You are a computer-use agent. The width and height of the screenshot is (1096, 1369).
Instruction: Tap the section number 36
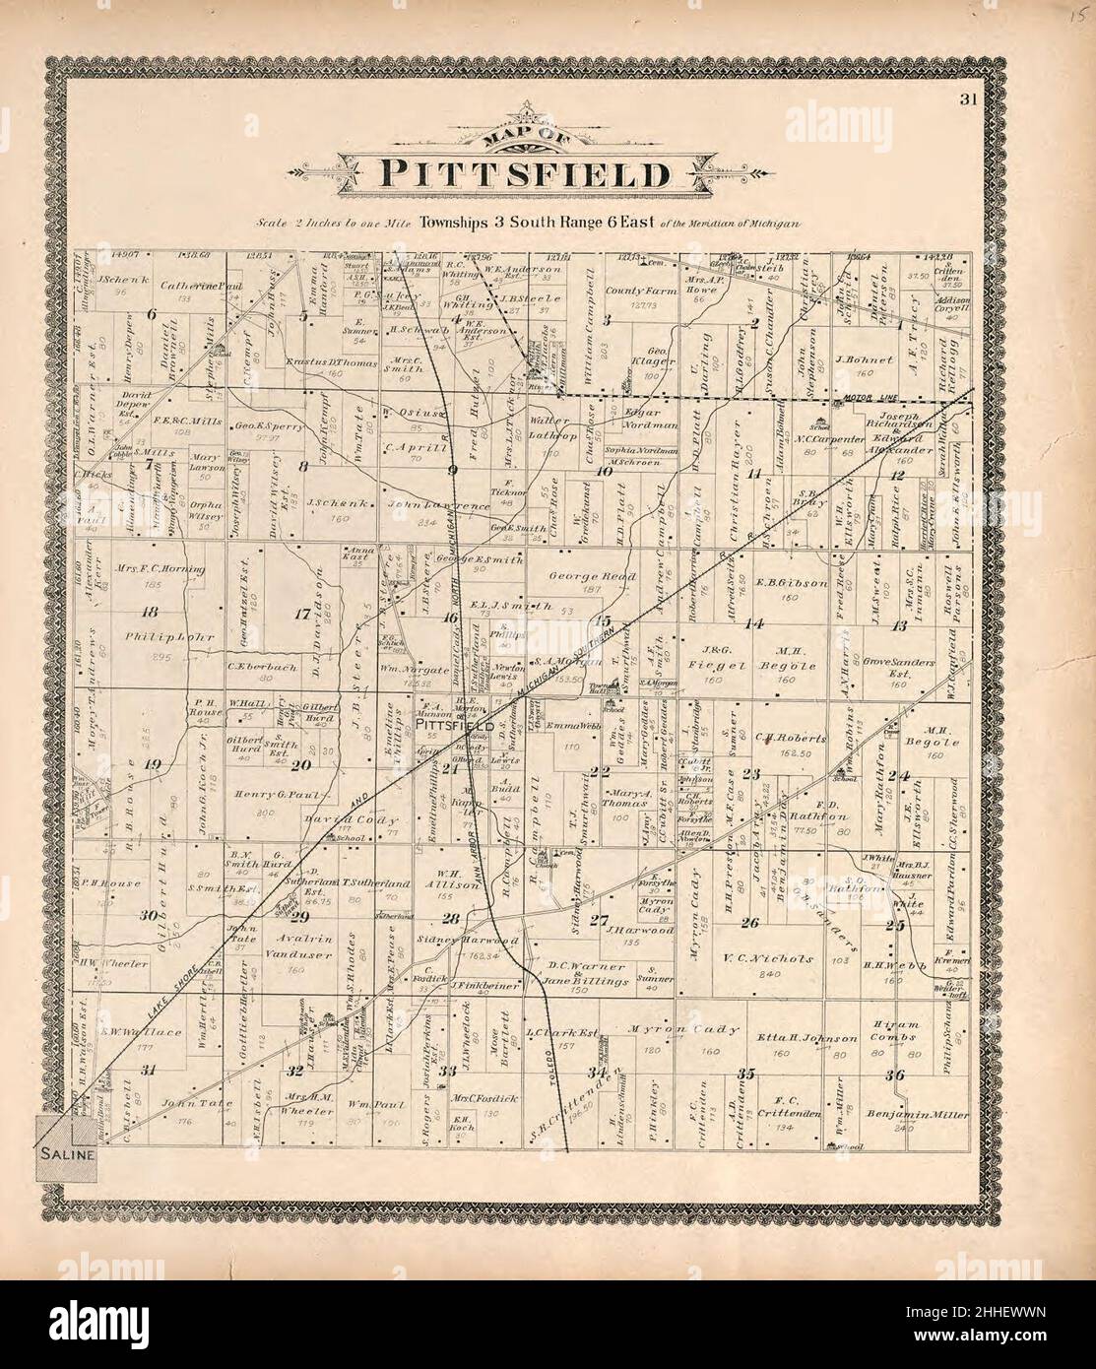pyautogui.click(x=894, y=1075)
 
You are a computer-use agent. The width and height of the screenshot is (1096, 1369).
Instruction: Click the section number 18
pyautogui.click(x=150, y=611)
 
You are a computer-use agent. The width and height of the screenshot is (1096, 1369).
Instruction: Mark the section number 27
pyautogui.click(x=598, y=921)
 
